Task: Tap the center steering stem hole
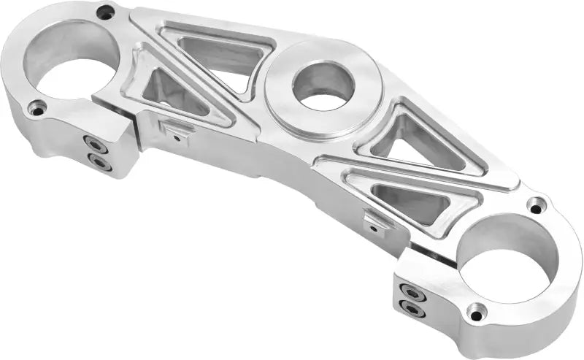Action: (x=323, y=85)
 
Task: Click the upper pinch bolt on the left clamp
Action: (x=93, y=142)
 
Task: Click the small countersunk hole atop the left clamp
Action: (x=107, y=12)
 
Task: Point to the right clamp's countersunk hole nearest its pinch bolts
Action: (x=475, y=315)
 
